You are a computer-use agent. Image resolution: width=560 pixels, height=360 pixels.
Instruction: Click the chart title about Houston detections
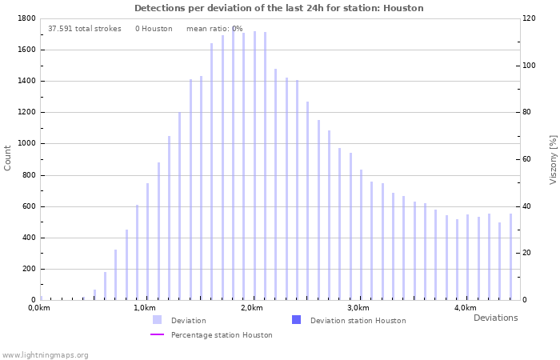point(279,8)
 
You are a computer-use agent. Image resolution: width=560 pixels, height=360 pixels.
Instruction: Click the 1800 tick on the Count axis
point(26,18)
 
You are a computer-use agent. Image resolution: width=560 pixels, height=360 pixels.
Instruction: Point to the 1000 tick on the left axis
point(26,144)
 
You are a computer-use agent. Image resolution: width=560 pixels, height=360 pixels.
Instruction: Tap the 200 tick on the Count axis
point(28,269)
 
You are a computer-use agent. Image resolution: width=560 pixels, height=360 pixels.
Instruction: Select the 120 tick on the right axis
point(529,18)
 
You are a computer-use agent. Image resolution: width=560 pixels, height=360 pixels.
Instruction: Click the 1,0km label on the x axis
point(144,308)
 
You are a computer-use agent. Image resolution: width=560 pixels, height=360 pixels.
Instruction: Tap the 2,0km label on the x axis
point(251,308)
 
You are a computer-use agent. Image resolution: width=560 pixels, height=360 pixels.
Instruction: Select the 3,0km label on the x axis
point(358,308)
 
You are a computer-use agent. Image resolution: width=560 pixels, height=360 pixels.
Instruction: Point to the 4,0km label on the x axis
point(466,308)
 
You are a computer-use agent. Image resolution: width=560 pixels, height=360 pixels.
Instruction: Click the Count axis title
point(8,158)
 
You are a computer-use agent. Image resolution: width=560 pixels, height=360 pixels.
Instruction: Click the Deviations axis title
point(495,318)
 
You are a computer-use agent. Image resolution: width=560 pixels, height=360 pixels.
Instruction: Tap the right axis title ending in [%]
point(553,159)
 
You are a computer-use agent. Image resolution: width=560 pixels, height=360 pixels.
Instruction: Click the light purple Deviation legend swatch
point(157,320)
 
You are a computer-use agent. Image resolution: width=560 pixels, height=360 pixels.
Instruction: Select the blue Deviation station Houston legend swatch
point(296,320)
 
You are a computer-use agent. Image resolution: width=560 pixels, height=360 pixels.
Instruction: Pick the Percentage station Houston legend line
point(157,334)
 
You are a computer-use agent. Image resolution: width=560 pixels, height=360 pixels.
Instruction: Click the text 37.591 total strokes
point(84,29)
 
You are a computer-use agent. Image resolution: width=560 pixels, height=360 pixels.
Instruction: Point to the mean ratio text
point(214,29)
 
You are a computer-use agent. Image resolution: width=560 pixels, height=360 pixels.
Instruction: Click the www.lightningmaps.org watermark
point(45,354)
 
